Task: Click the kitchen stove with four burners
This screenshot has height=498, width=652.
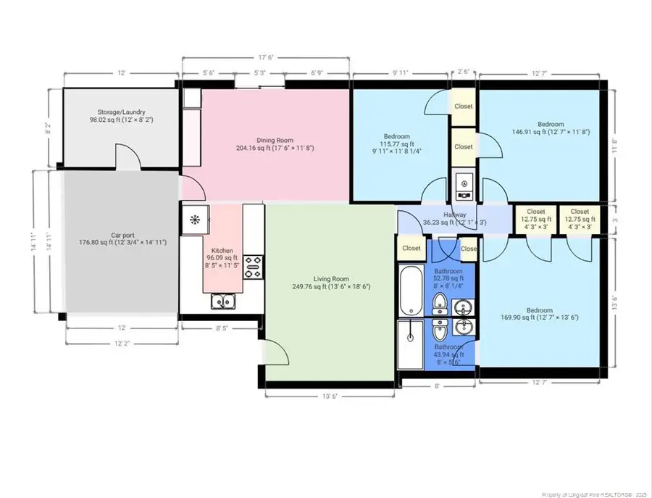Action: (x=253, y=267)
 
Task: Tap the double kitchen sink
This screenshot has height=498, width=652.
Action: (x=222, y=302)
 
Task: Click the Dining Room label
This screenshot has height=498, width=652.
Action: (x=275, y=140)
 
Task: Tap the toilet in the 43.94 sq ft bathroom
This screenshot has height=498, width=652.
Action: (x=439, y=333)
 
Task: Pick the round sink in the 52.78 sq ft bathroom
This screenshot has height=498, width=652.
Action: (x=463, y=307)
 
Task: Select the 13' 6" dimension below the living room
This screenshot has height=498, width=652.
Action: (x=330, y=395)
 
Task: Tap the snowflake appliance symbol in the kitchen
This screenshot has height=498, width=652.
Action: (x=194, y=218)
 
